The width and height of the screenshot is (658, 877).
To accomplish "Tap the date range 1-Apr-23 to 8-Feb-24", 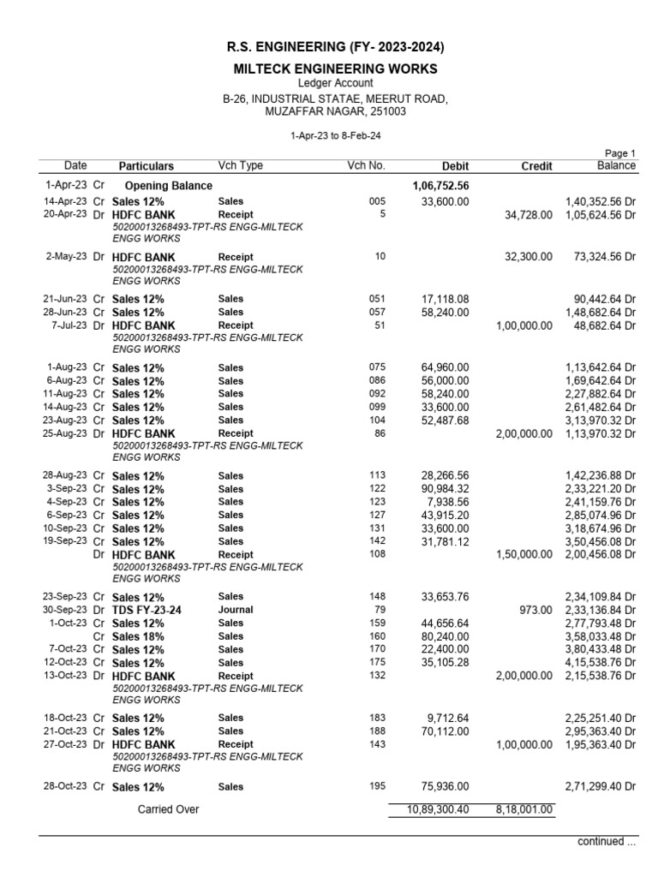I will click(x=329, y=135).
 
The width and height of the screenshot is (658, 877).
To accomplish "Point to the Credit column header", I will click(x=536, y=166).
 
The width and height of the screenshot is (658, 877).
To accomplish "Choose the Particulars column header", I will click(x=146, y=166).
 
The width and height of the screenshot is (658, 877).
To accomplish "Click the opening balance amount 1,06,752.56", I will click(x=440, y=185).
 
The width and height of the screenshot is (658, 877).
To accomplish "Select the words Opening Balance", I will click(x=169, y=185).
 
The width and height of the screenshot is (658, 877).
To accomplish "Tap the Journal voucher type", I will click(x=236, y=610).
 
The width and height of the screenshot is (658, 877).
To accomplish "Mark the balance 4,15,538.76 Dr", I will click(x=600, y=663).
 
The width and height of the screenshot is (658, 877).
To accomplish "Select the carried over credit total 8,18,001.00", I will click(x=524, y=809).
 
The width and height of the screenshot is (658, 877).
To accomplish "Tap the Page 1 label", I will click(x=620, y=153).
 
